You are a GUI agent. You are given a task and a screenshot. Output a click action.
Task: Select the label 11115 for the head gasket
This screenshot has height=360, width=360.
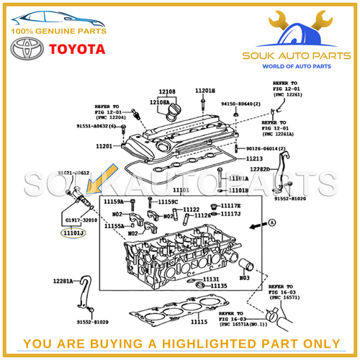pyautogui.click(x=199, y=321)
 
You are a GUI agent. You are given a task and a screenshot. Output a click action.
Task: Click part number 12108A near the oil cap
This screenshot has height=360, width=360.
pyautogui.click(x=160, y=103)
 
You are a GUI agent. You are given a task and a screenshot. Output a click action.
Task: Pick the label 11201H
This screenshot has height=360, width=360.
pyautogui.click(x=204, y=91)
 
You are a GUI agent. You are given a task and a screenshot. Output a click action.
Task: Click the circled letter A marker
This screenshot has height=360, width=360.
pyautogui.click(x=274, y=223)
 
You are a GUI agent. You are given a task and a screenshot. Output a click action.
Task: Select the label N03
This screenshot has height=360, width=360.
pyautogui.click(x=244, y=276)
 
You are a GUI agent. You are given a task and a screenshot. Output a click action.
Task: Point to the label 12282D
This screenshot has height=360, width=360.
pyautogui.click(x=260, y=169)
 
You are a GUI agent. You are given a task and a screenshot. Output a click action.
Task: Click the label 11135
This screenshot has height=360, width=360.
pyautogui.click(x=219, y=286)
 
